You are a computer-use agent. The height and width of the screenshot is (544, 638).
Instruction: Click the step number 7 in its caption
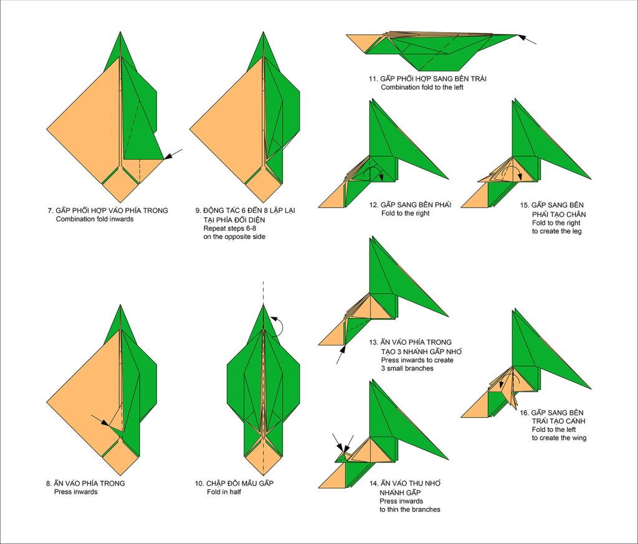coord(50,210)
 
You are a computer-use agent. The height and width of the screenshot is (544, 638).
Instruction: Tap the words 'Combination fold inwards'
coord(95,219)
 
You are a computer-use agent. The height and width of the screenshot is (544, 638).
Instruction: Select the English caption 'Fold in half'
coord(224,492)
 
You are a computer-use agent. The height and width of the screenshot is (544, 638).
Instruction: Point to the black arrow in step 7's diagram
coord(173,154)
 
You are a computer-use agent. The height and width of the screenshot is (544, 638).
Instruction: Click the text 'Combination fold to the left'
coord(422,87)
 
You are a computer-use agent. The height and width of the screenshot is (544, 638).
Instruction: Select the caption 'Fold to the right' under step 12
coord(405,213)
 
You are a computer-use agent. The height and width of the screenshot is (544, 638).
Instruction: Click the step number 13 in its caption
coord(373,342)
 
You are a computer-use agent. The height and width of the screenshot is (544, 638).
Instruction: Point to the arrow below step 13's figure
coord(341,354)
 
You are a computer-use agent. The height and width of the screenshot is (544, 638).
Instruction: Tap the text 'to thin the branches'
coord(410,510)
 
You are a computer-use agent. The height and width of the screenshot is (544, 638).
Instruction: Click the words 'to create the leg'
coord(556,232)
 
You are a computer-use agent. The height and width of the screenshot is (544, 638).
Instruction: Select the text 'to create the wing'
coord(559,438)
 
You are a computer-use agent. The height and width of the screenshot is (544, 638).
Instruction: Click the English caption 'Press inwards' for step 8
coord(75,492)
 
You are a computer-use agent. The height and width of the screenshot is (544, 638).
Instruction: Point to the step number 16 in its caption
coord(523,413)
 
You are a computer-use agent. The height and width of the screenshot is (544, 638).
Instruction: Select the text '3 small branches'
coord(407,368)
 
